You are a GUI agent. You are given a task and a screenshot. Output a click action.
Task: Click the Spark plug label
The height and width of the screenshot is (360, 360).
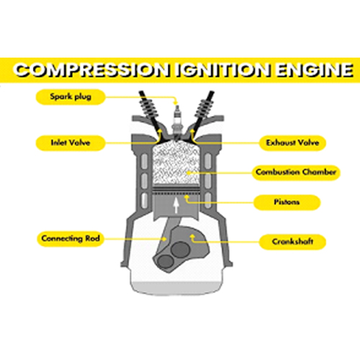tap(71, 96)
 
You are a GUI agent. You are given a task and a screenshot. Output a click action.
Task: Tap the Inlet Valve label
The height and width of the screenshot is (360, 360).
tap(71, 143)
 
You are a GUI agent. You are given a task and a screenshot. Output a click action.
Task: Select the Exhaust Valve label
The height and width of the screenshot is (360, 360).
tap(292, 143)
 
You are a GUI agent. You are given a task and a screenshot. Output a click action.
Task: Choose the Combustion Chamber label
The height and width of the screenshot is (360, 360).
tap(296, 172)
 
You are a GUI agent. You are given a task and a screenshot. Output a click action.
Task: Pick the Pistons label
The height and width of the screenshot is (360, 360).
tap(287, 202)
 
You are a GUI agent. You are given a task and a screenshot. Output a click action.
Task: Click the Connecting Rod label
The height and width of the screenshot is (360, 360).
tap(71, 238)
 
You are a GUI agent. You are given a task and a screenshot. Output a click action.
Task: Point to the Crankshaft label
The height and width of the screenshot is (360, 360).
tap(292, 242)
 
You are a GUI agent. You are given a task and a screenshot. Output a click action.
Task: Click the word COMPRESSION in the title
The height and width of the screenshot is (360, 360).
tap(91, 71)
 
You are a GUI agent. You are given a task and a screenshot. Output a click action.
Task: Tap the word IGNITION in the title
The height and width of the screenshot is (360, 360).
tap(222, 71)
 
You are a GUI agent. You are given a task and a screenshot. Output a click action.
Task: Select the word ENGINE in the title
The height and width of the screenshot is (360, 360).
tap(315, 71)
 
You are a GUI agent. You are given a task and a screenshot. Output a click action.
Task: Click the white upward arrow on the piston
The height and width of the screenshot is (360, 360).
tap(176, 205)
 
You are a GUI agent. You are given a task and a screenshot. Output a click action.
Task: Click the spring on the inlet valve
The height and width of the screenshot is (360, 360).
tap(148, 107)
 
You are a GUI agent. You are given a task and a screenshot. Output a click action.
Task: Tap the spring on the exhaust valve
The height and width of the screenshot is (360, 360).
tap(204, 107)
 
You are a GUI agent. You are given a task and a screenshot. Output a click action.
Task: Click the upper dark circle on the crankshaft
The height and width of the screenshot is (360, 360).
tap(180, 249)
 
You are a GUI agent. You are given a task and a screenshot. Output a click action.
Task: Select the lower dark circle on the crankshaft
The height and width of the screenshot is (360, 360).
tap(166, 262)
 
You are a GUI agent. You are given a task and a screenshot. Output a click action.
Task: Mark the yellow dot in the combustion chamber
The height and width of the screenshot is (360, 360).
tap(189, 173)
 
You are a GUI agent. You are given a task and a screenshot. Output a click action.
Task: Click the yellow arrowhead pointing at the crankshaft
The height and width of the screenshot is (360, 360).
tap(192, 237)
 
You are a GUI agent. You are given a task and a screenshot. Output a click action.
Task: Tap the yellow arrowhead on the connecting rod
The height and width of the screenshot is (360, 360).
tap(164, 239)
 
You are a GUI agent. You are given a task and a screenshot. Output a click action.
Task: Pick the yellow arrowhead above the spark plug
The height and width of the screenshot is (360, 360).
tap(176, 103)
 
